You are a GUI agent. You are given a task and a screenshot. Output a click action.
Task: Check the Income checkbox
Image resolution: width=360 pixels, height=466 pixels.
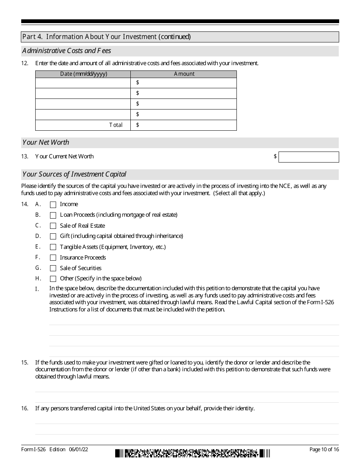point(53,205)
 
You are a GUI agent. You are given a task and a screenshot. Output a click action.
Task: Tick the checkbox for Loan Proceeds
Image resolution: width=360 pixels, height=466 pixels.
point(53,215)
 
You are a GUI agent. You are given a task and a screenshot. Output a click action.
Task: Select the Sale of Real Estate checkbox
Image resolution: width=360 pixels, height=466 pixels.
point(53,226)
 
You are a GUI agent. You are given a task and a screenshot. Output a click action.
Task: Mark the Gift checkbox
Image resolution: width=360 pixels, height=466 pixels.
point(53,236)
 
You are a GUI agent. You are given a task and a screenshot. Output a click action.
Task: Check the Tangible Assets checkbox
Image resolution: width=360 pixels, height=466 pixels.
point(53,247)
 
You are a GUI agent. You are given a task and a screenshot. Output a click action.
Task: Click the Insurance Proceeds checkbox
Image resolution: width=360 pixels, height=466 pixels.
point(53,258)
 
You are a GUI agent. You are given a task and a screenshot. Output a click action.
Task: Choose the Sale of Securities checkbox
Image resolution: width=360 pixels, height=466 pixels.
point(53,268)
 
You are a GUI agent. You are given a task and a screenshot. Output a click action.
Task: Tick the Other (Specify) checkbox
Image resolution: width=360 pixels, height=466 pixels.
point(53,279)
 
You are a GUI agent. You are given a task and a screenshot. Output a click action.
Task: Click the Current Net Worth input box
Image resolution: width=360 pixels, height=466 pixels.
point(308,157)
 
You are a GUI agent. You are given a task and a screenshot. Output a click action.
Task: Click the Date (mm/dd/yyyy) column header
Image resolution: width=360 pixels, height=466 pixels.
point(83,74)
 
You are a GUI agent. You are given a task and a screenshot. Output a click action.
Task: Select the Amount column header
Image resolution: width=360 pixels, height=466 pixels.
point(184,74)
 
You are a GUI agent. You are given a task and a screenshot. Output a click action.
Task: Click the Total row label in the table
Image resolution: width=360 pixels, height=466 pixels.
point(116,125)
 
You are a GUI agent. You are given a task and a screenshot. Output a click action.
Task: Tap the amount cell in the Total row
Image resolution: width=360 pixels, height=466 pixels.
point(184,125)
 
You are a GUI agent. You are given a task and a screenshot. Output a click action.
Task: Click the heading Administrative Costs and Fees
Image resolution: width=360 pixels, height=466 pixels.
point(67,51)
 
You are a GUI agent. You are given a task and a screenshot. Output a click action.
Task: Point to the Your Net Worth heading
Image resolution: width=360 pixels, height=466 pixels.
point(46,142)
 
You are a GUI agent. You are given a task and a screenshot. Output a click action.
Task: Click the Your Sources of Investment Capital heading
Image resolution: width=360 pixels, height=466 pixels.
point(74,174)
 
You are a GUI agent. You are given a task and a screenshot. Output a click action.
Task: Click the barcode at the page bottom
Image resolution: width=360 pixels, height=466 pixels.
point(193,453)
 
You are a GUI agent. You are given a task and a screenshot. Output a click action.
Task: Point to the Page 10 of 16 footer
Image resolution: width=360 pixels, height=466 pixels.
point(324,449)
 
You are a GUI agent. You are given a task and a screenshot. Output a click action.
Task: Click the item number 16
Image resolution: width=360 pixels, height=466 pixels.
point(25,408)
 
